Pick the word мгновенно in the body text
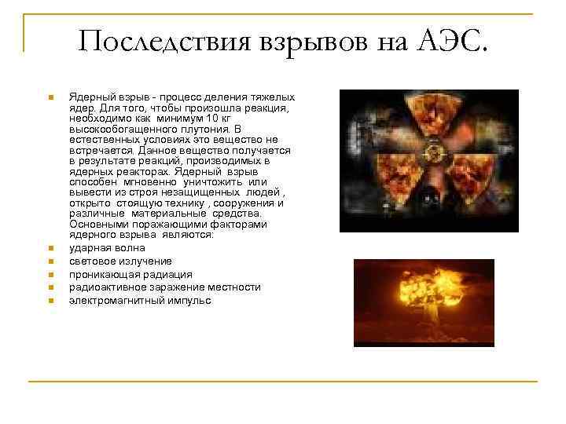click(160, 181)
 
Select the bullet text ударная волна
click(103, 247)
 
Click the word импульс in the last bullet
click(190, 301)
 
